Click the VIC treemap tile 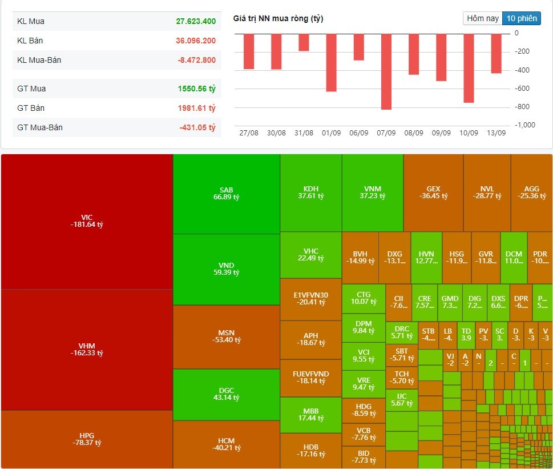(87, 221)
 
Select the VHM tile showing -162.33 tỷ (87, 349)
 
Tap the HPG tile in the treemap (87, 439)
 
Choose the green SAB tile (226, 194)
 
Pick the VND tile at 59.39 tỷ (226, 269)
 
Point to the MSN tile (226, 337)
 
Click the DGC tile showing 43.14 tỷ (226, 394)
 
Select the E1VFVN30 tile (310, 299)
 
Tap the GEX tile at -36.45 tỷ (433, 193)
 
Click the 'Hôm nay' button (483, 18)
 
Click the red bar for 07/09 (386, 71)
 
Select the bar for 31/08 (304, 42)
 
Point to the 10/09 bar (469, 68)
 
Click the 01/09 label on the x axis (331, 133)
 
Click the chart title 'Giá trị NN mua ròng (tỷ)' (278, 18)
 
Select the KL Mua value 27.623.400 (196, 21)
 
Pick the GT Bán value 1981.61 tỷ (196, 108)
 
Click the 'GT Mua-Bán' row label (40, 127)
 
